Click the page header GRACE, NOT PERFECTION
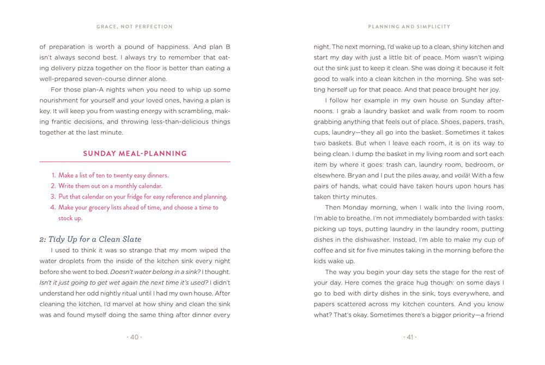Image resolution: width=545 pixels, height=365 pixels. pyautogui.click(x=135, y=26)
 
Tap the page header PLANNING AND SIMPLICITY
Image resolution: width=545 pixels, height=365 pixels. pyautogui.click(x=409, y=26)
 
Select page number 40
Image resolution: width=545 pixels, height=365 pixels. pyautogui.click(x=135, y=337)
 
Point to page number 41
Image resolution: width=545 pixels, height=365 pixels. pyautogui.click(x=409, y=337)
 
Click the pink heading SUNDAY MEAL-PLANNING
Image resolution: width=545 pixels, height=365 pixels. pyautogui.click(x=135, y=154)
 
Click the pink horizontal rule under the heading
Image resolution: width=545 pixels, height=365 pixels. pyautogui.click(x=135, y=162)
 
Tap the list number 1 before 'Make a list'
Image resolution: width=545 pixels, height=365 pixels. pyautogui.click(x=53, y=175)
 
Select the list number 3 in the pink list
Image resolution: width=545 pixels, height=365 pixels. pyautogui.click(x=53, y=197)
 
